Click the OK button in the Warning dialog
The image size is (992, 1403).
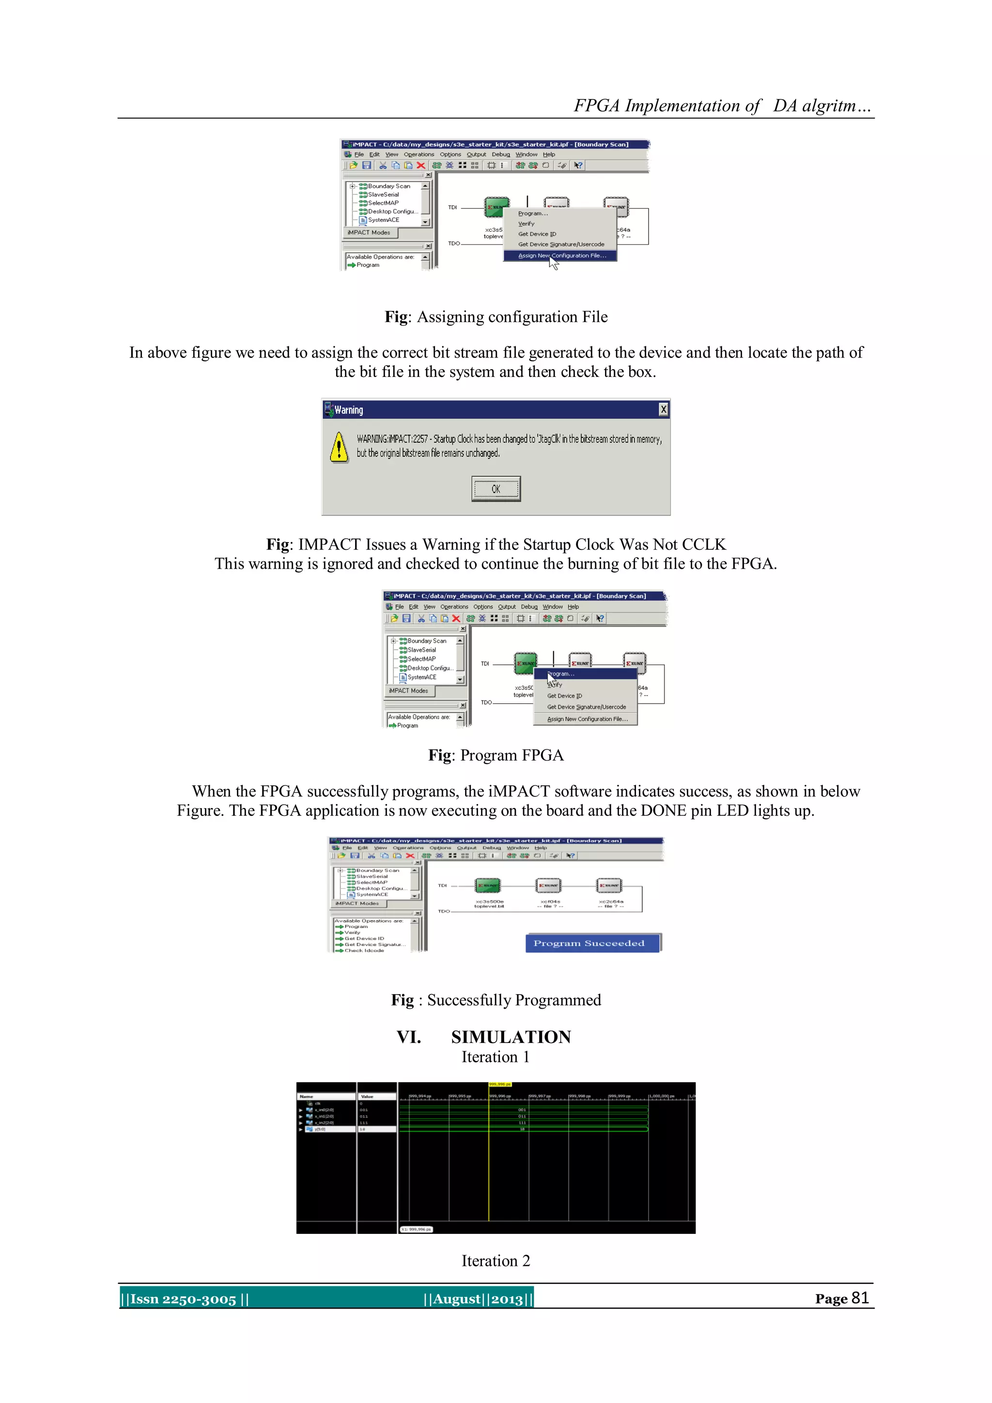tap(496, 489)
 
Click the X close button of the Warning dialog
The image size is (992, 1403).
tap(664, 409)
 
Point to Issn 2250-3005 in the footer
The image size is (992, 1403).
tap(183, 1299)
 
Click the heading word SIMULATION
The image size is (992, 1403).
tap(511, 1037)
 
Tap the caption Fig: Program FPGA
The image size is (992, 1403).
tap(496, 755)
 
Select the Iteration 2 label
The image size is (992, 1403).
tap(496, 1261)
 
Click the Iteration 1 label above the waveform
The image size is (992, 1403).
tap(496, 1057)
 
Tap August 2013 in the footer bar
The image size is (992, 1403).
tap(478, 1299)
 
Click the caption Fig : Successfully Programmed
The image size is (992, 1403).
tap(496, 1000)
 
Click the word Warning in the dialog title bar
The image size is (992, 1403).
tap(349, 410)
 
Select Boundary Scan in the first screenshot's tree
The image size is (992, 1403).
tap(388, 186)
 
